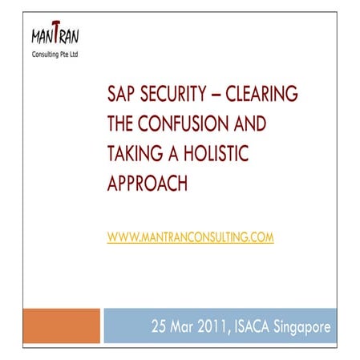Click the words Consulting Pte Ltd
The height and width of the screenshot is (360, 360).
pyautogui.click(x=55, y=60)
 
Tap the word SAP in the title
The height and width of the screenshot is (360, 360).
pyautogui.click(x=122, y=98)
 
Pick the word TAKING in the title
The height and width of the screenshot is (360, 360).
pyautogui.click(x=132, y=156)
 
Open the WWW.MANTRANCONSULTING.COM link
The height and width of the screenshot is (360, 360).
pyautogui.click(x=190, y=237)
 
